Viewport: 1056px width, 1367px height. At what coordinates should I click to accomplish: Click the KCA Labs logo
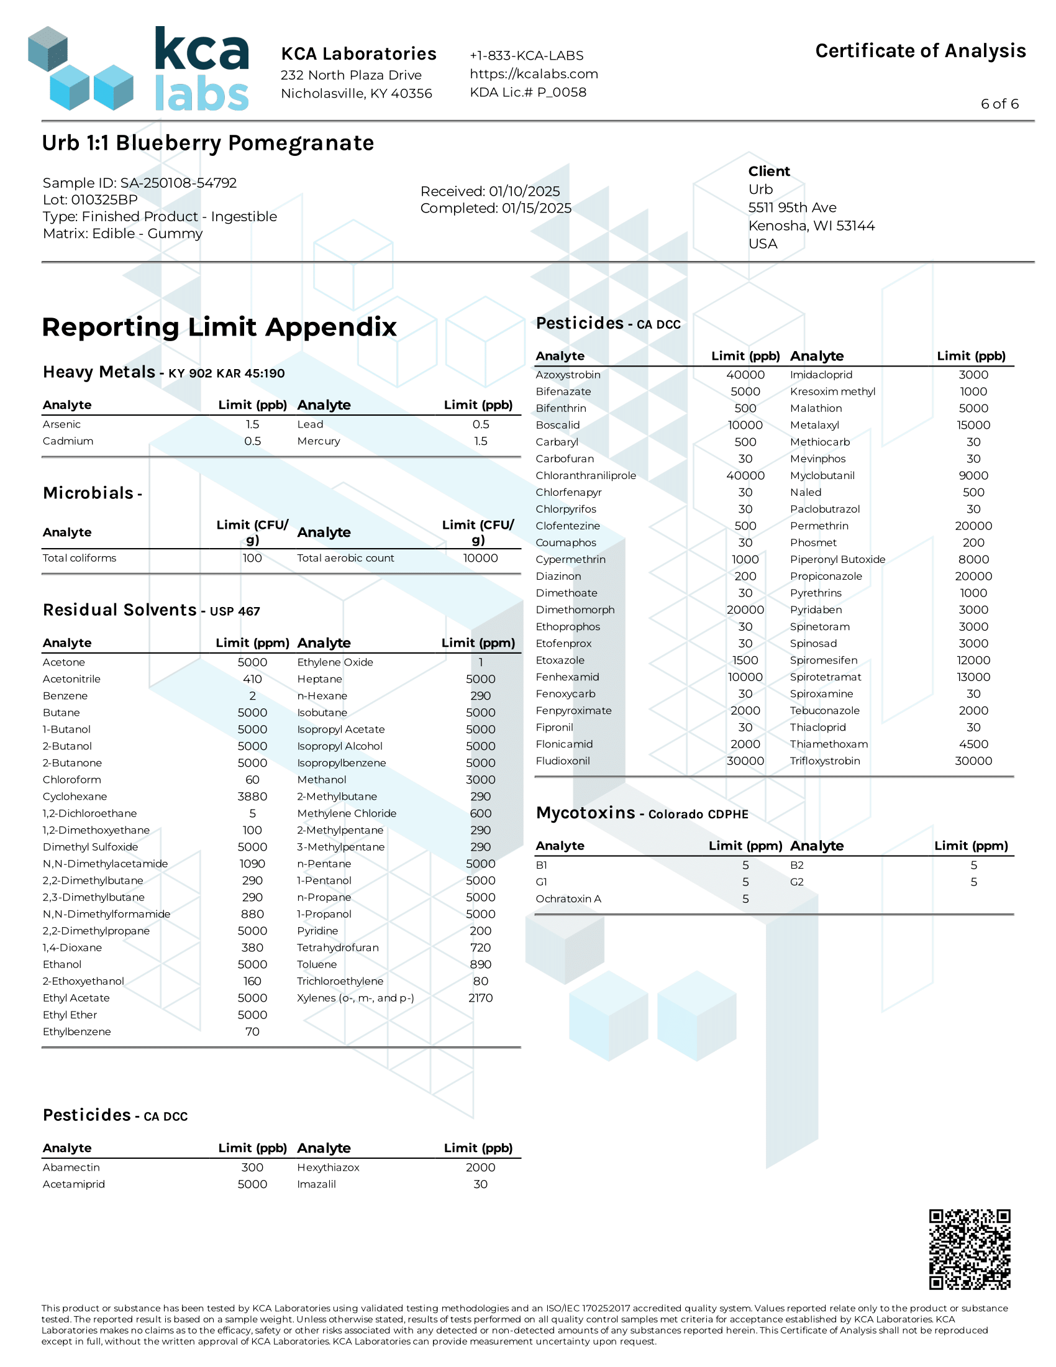[x=139, y=69]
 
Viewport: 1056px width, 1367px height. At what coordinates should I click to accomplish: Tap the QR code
[x=969, y=1250]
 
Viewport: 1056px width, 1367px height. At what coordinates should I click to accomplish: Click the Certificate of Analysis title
[x=919, y=51]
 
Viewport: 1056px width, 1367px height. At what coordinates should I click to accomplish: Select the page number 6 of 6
[x=999, y=104]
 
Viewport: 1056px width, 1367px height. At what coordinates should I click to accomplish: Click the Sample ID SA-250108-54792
[x=140, y=183]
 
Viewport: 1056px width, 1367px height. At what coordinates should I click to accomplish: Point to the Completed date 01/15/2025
[x=496, y=208]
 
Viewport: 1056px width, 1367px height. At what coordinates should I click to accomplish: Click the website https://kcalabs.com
[x=534, y=74]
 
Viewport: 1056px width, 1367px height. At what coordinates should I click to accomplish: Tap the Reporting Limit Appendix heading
[x=219, y=327]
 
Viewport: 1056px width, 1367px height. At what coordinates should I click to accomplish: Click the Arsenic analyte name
[x=61, y=424]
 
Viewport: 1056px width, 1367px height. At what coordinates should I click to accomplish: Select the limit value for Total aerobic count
[x=480, y=558]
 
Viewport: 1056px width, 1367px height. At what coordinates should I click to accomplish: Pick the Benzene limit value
[x=252, y=695]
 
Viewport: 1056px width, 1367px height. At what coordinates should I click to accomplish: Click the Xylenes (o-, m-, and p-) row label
[x=355, y=998]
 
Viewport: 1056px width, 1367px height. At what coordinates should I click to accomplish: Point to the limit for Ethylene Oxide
[x=480, y=662]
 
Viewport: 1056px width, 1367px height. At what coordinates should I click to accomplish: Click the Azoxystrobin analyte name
[x=567, y=375]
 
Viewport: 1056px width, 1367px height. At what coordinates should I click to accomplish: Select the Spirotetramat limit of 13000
[x=973, y=677]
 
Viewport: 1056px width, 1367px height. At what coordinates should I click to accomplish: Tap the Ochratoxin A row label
[x=568, y=899]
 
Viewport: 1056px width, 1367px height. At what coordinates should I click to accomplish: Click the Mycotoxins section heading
[x=641, y=813]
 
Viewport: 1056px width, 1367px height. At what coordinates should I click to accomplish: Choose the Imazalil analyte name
[x=316, y=1184]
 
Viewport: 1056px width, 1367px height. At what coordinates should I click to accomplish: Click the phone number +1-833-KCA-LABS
[x=526, y=56]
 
